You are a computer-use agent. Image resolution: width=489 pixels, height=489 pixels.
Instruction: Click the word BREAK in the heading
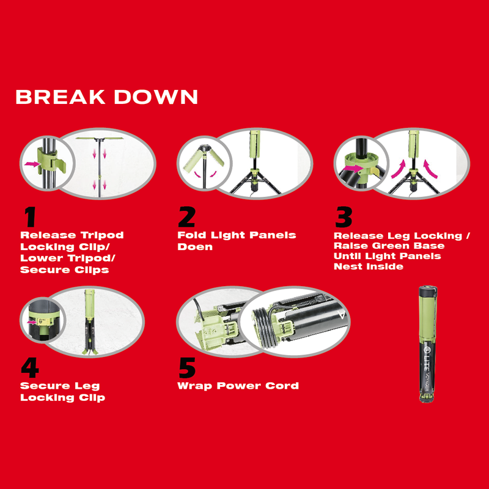click(x=60, y=97)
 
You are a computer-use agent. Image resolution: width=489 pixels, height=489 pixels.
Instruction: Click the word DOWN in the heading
click(x=156, y=97)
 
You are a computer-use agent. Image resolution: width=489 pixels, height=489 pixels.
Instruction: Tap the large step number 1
click(x=30, y=217)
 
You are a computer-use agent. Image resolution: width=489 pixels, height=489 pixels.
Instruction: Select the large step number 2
click(x=187, y=217)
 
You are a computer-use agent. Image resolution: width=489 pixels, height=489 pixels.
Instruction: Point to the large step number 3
click(x=344, y=217)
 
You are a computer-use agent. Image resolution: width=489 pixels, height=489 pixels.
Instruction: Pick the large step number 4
click(x=30, y=368)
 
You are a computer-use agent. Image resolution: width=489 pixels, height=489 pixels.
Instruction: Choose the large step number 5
click(x=187, y=368)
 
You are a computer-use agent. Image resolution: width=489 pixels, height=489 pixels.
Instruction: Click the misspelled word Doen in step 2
click(x=195, y=247)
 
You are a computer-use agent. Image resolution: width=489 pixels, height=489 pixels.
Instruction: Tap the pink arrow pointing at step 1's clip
click(x=32, y=164)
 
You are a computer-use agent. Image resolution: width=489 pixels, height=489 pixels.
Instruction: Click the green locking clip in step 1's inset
click(x=50, y=161)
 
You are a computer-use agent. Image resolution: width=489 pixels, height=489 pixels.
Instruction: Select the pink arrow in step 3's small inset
click(x=351, y=169)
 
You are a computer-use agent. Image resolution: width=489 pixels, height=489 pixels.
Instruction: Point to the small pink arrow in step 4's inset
click(x=32, y=322)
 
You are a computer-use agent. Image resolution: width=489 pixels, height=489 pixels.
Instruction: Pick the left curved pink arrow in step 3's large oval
click(x=399, y=169)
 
